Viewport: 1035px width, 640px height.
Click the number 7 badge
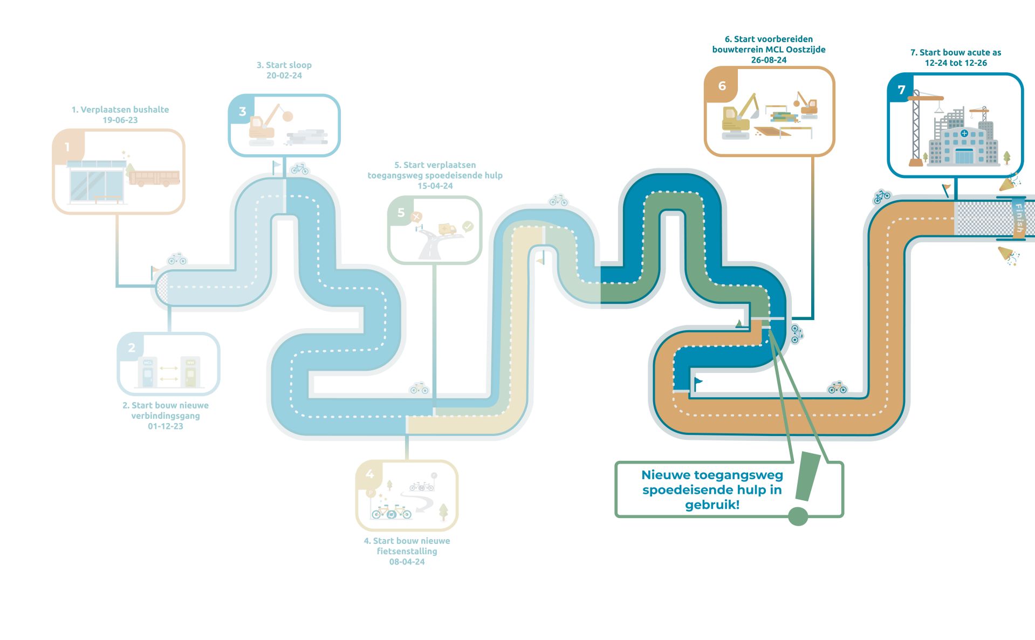pos(901,90)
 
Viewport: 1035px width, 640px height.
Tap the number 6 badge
pos(722,86)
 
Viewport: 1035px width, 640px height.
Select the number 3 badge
pos(242,111)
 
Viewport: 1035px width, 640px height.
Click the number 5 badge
pos(401,213)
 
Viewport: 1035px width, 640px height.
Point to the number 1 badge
pos(67,147)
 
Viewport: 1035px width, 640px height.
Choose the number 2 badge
pos(132,348)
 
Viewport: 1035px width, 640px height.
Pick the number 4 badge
pos(369,474)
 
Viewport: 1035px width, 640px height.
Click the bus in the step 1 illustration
pos(154,178)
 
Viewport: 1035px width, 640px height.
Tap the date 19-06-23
pos(120,120)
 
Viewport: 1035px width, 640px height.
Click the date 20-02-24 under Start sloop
pos(284,76)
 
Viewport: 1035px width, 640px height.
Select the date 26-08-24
pos(769,60)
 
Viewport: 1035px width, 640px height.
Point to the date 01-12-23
pos(166,426)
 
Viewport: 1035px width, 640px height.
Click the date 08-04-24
pos(407,562)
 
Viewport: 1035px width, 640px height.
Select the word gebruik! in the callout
pos(712,505)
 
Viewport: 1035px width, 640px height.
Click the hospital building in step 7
pos(963,143)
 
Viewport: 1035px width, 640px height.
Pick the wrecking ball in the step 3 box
pos(288,116)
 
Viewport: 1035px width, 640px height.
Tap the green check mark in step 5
pos(468,227)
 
